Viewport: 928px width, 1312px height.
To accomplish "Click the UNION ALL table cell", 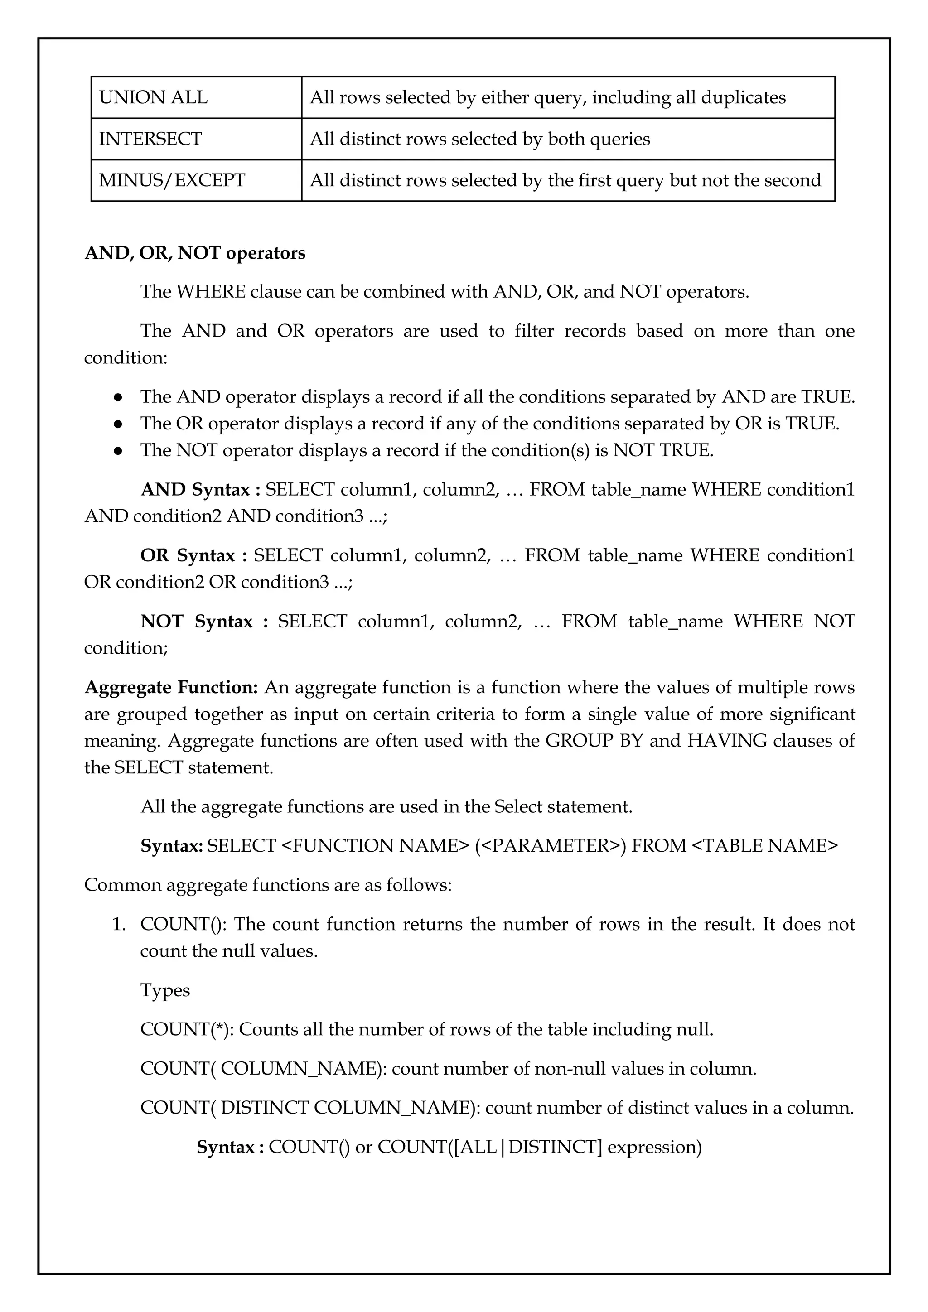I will [153, 98].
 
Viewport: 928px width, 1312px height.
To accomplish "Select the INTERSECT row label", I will [150, 139].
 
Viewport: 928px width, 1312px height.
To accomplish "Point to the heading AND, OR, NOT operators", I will [195, 253].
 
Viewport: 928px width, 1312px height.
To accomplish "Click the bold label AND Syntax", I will [200, 490].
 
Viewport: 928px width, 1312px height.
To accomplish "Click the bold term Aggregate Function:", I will [171, 687].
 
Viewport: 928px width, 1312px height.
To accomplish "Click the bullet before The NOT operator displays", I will [118, 451].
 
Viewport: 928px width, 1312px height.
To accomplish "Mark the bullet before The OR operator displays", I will [118, 424].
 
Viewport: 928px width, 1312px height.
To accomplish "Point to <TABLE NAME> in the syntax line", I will [764, 846].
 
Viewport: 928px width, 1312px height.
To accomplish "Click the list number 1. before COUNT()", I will [118, 925].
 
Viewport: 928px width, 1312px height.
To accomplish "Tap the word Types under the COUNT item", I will [165, 990].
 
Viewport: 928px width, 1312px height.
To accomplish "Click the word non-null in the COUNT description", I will [570, 1069].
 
